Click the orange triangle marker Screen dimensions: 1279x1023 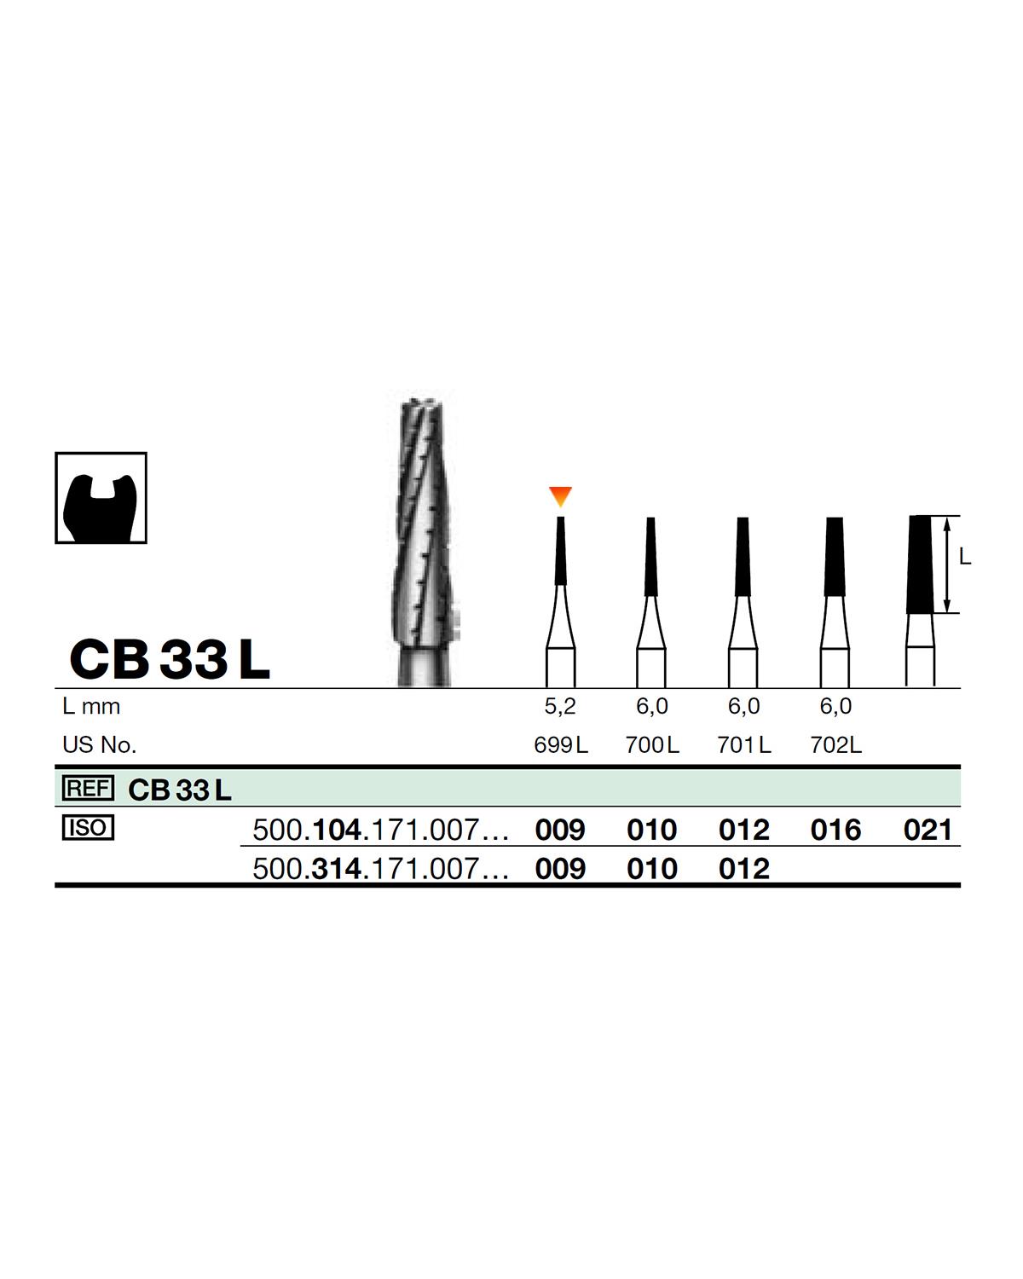coord(560,495)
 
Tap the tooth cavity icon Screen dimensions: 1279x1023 coord(101,498)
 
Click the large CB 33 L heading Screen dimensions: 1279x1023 coord(170,659)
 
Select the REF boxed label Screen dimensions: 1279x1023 coord(88,789)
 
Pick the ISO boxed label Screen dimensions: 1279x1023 coord(88,828)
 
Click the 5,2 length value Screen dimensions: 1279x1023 coord(560,706)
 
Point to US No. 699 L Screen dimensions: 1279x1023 coord(560,745)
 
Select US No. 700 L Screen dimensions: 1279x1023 coord(652,745)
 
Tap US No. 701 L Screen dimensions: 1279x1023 coord(744,745)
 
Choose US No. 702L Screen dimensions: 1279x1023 coord(835,745)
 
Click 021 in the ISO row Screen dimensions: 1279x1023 coord(928,830)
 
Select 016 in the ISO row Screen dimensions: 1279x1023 coord(835,830)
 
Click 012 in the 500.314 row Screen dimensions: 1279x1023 coord(744,869)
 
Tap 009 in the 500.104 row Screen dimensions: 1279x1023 coord(560,830)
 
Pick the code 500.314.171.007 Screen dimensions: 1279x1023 coord(380,869)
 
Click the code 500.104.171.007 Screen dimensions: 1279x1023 coord(380,830)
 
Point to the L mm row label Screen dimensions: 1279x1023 coord(91,706)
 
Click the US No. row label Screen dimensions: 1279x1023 coord(99,745)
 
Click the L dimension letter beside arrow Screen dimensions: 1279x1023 coord(964,558)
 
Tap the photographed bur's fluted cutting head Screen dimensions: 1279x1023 coord(425,520)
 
